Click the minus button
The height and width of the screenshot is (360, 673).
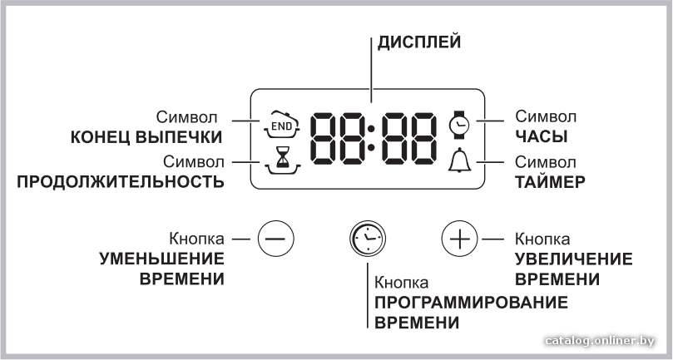click(x=275, y=238)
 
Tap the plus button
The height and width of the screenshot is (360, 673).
click(x=460, y=238)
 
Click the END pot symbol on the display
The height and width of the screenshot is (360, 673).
click(x=281, y=125)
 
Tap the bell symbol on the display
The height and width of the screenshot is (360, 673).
click(x=459, y=160)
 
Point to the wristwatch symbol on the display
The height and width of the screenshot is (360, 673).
click(x=459, y=125)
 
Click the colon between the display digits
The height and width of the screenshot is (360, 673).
click(x=371, y=138)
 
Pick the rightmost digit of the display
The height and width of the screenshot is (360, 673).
click(x=423, y=138)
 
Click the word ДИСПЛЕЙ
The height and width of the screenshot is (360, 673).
click(x=419, y=43)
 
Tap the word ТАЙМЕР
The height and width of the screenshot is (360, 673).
click(x=550, y=182)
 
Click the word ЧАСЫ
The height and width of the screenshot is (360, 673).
click(x=542, y=136)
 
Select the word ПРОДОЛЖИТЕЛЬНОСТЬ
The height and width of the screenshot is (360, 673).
click(x=121, y=182)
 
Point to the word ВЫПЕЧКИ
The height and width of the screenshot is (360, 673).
click(x=179, y=137)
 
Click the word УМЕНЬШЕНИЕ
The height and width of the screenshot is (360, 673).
click(x=162, y=259)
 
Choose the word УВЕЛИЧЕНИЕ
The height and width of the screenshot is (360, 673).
click(x=574, y=259)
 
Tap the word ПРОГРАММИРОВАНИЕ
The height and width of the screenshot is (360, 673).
click(x=472, y=303)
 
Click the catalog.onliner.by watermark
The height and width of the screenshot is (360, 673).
click(x=600, y=341)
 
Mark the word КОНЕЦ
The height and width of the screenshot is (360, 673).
click(x=101, y=137)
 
